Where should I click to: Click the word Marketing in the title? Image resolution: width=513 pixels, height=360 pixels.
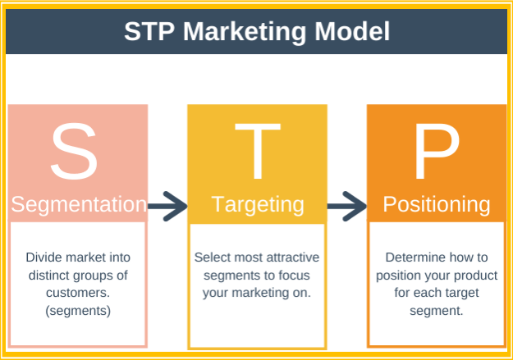tap(245, 32)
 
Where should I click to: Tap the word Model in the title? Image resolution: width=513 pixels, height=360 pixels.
tap(352, 31)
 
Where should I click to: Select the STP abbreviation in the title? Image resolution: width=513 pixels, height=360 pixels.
tap(149, 31)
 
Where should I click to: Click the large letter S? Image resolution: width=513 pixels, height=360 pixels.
tap(74, 151)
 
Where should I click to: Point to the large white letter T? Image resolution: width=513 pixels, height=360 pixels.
tap(258, 151)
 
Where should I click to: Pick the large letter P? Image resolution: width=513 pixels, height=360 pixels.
tap(437, 151)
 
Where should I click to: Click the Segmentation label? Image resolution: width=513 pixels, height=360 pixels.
tap(79, 205)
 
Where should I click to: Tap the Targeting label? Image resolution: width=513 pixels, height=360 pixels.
tap(258, 205)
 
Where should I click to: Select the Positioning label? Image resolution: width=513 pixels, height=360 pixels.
tap(437, 205)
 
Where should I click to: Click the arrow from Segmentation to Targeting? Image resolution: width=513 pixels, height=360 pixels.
tap(167, 206)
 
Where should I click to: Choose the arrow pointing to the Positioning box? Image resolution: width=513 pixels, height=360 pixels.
tap(347, 206)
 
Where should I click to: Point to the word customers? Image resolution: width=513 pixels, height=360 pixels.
tap(78, 293)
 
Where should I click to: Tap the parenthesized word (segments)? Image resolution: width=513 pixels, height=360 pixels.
tap(78, 311)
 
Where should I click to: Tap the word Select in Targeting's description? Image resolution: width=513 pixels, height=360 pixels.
tap(208, 257)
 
